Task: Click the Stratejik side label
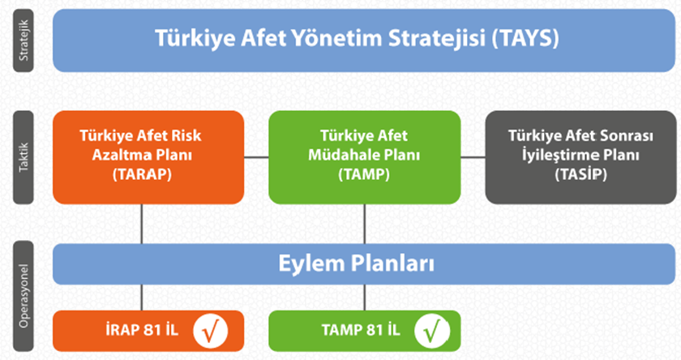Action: (x=24, y=41)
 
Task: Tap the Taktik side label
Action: (x=24, y=157)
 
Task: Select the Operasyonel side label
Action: (x=24, y=296)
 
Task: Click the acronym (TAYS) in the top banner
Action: (x=525, y=38)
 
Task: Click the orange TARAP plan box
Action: (x=148, y=157)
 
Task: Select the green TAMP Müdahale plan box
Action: (x=364, y=157)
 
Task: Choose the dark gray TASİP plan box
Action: (x=580, y=157)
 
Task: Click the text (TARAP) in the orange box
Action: (x=142, y=174)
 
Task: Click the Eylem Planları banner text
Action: (x=356, y=264)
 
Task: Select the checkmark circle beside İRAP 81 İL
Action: (x=211, y=331)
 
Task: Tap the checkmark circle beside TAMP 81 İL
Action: (x=431, y=331)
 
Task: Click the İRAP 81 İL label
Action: (x=142, y=330)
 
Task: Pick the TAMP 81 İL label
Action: (x=361, y=330)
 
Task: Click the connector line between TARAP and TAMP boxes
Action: (x=256, y=157)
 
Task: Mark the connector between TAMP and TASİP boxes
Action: (x=473, y=157)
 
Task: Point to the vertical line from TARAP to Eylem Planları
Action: (x=142, y=224)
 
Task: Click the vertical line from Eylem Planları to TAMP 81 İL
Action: (x=364, y=298)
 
